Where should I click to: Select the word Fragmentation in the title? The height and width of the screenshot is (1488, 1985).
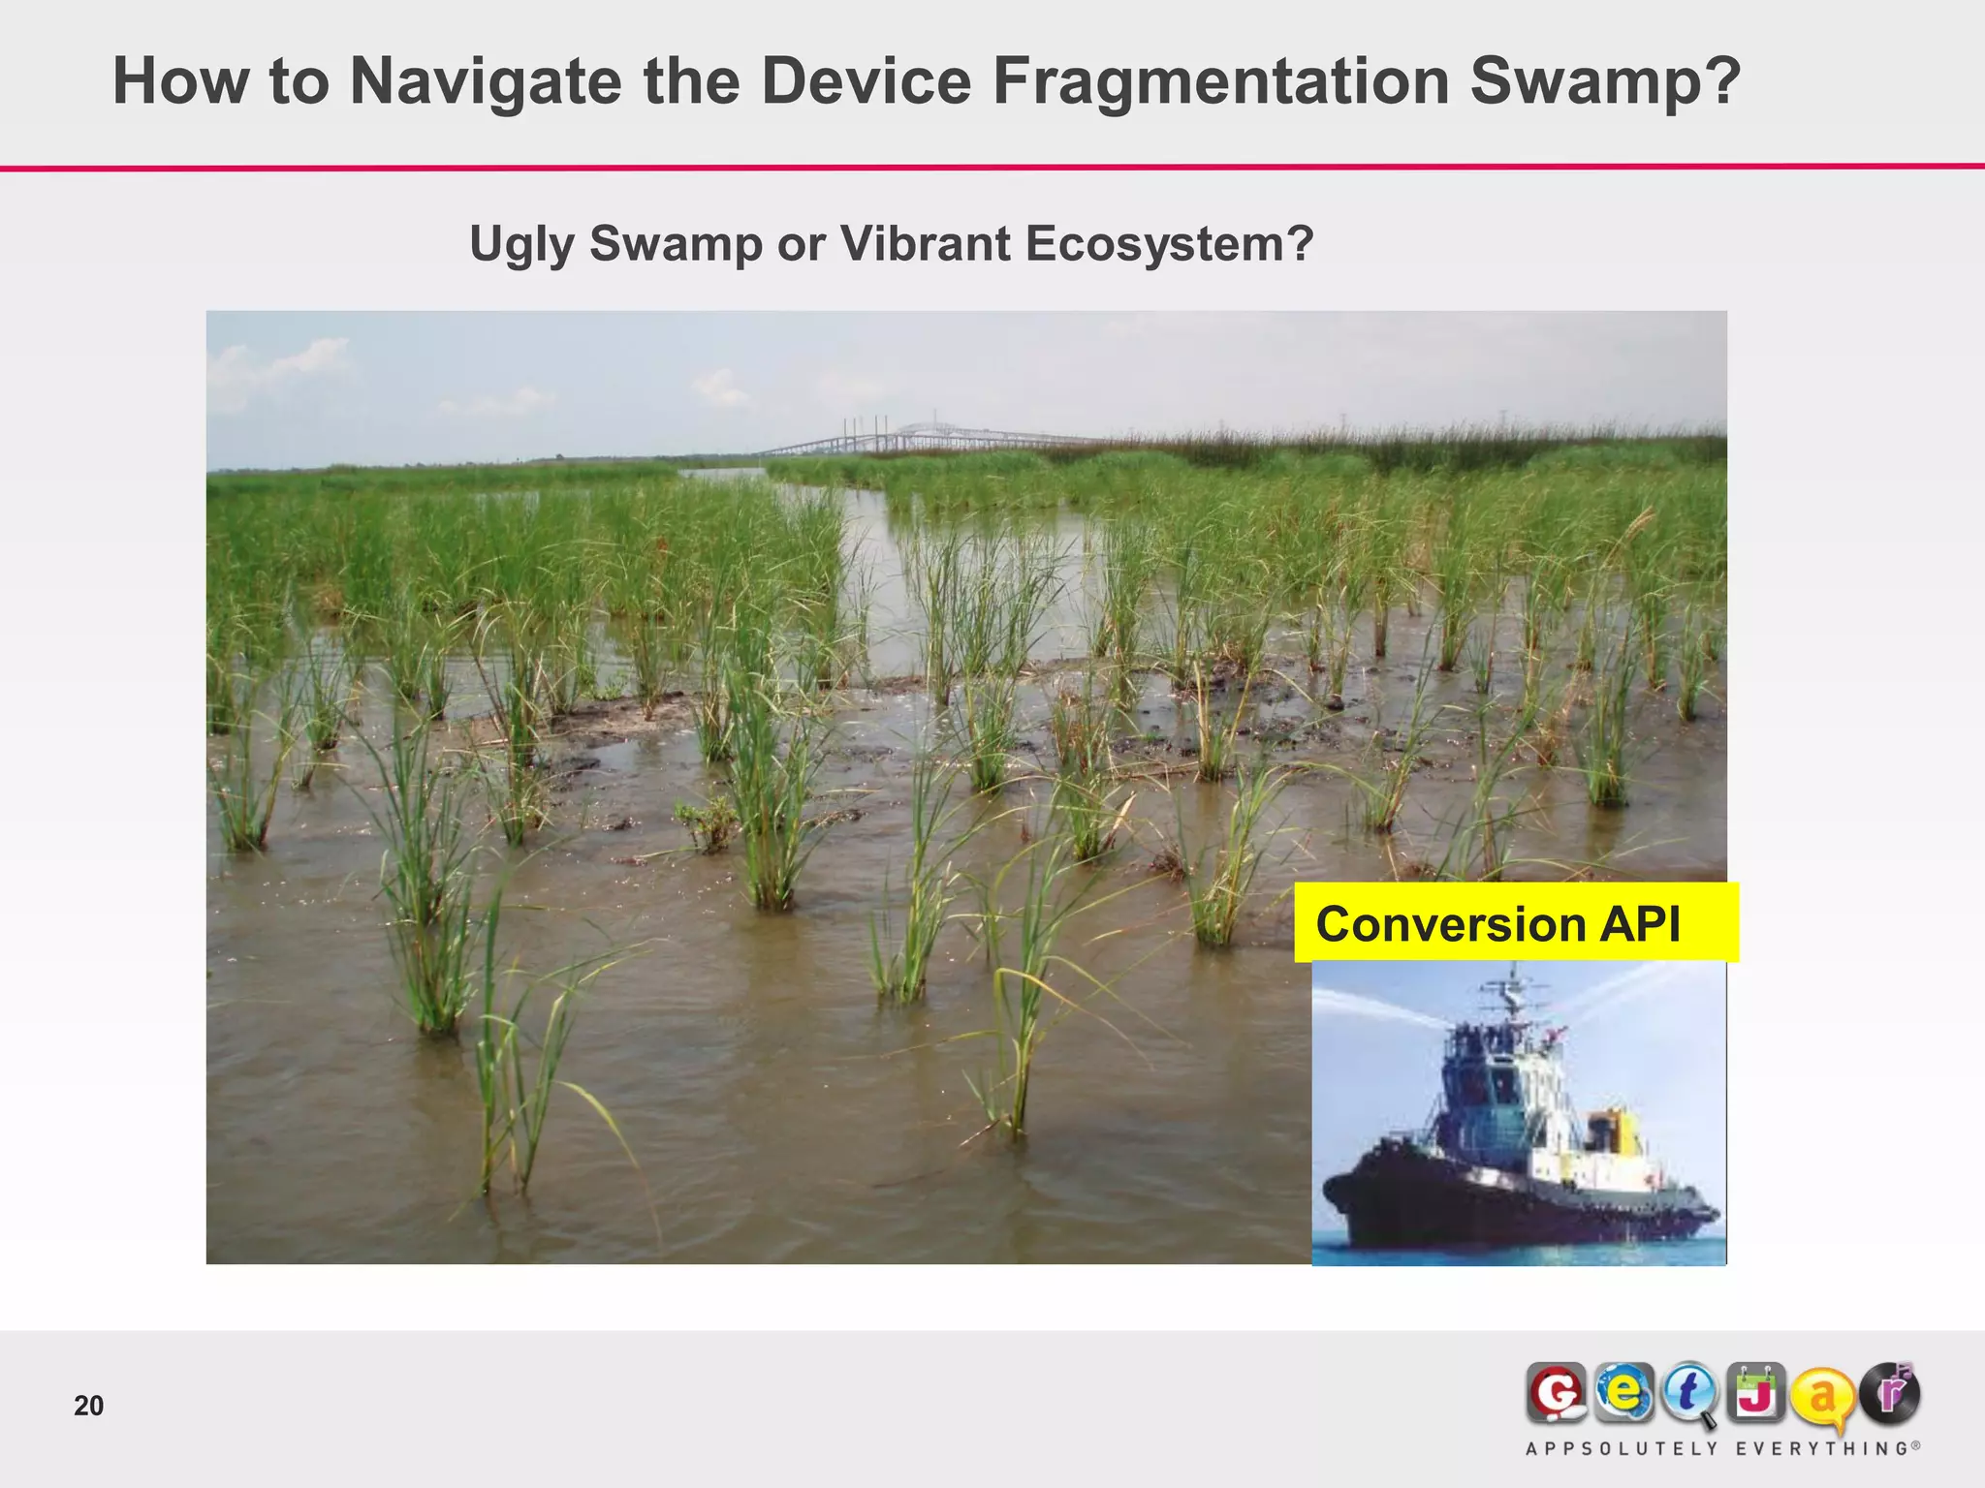click(x=1220, y=81)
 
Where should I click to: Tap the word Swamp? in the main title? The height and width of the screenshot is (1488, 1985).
click(x=1605, y=81)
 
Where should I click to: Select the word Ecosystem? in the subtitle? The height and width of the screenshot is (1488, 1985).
click(x=1169, y=244)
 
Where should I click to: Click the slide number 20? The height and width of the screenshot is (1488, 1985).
click(x=88, y=1406)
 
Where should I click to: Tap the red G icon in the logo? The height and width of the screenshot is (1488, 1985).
click(x=1557, y=1394)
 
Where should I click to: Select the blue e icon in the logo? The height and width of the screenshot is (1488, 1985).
click(x=1623, y=1393)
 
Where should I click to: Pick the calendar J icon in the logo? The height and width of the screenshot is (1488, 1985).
click(x=1755, y=1393)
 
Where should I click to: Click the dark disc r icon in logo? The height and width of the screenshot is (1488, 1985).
click(x=1889, y=1393)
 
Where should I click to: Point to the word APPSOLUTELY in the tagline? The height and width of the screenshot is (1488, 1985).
click(x=1622, y=1449)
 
